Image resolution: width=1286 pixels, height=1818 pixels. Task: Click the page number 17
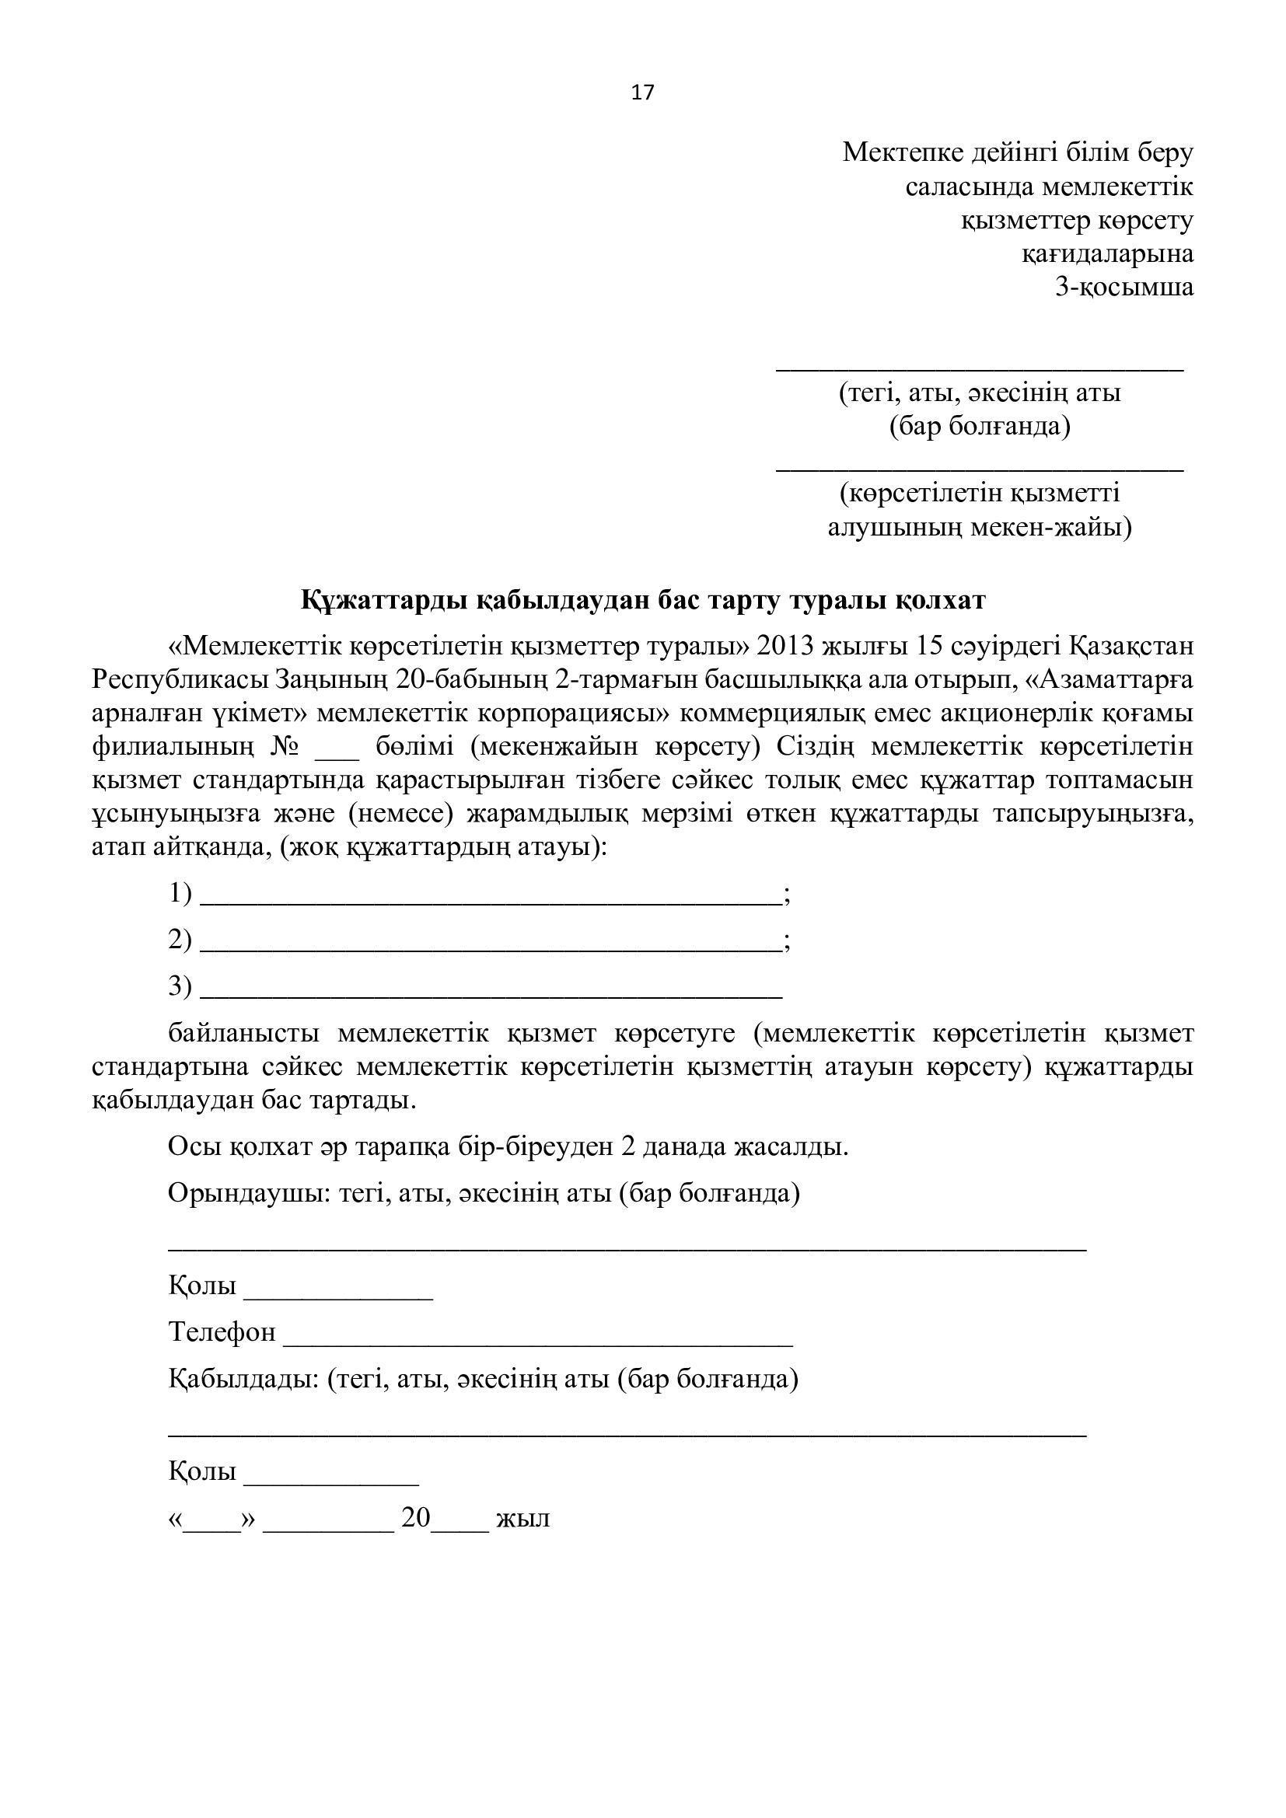[x=642, y=92]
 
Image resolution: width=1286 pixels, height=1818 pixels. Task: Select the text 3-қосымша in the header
[x=1124, y=287]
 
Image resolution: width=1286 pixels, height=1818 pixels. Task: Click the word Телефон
[x=222, y=1332]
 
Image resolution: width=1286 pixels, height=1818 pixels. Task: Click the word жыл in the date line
[x=522, y=1518]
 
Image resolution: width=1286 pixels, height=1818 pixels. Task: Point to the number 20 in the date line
[x=416, y=1517]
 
